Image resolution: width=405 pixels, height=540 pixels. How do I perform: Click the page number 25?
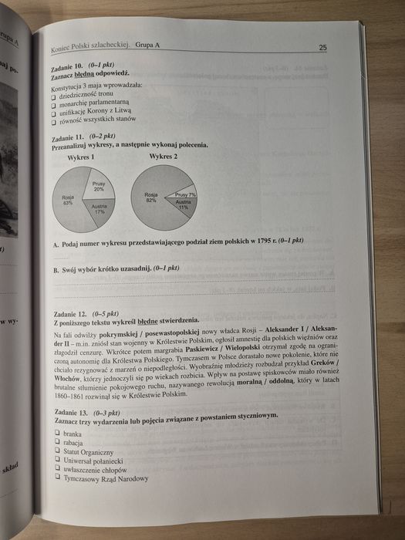tap(322, 48)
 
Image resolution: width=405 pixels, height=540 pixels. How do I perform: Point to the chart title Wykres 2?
tap(164, 157)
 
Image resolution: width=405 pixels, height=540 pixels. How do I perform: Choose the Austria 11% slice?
tap(182, 207)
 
